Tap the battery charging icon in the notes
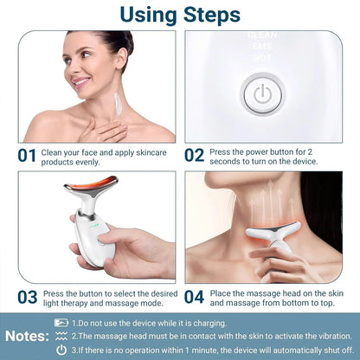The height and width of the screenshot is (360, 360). coord(61,322)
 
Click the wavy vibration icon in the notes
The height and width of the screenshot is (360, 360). coord(61,335)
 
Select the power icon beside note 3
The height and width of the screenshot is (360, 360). coord(61,349)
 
